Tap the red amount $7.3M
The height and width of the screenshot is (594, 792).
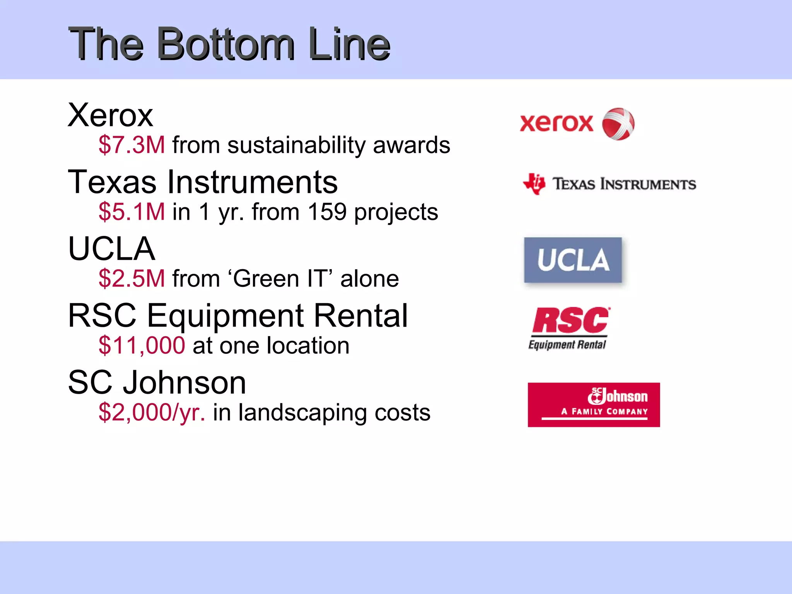(x=131, y=145)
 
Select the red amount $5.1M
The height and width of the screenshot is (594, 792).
(x=131, y=212)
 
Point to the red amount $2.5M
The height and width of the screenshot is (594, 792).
(x=131, y=278)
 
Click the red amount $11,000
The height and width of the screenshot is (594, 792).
(x=142, y=345)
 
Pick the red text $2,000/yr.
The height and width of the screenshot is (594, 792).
(x=152, y=412)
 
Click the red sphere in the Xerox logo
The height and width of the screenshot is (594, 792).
(x=618, y=124)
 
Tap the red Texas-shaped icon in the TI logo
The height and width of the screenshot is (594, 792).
(x=534, y=184)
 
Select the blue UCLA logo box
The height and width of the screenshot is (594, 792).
(x=573, y=260)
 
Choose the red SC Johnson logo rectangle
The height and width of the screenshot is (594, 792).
(x=594, y=405)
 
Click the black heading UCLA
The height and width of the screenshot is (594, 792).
(x=111, y=249)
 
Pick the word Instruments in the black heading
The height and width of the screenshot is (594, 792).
(x=252, y=182)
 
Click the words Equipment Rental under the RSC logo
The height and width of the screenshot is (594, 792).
(x=567, y=344)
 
